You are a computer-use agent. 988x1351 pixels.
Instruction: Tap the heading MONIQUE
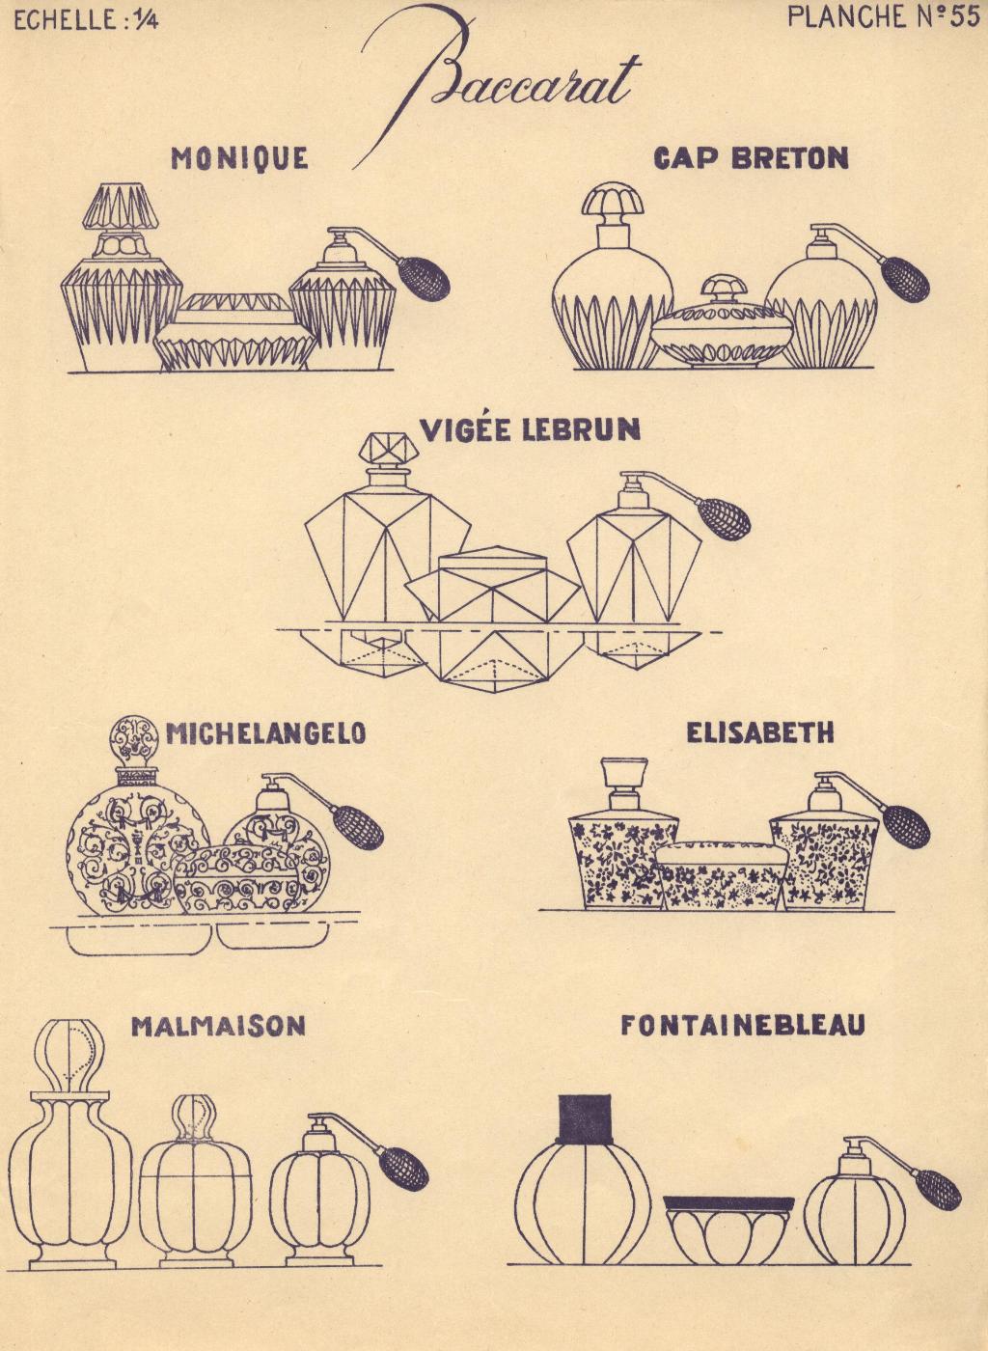[239, 158]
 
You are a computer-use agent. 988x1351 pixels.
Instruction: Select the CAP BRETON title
[752, 158]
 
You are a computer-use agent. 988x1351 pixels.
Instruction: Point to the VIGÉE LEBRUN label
[530, 430]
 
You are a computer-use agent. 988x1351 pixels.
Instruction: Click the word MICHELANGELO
[265, 733]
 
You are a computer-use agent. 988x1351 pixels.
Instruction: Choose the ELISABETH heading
[760, 732]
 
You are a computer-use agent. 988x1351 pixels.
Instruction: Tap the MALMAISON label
[218, 1027]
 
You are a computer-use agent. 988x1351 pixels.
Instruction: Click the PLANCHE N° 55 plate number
[884, 17]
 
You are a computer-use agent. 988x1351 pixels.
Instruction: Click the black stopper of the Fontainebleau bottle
[585, 1120]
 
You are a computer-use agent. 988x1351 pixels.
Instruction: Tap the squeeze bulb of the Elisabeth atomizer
[906, 826]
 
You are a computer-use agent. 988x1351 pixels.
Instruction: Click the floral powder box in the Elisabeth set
[722, 876]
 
